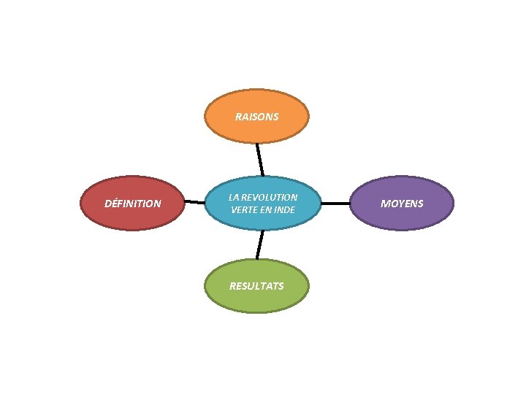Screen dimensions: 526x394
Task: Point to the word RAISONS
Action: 256,117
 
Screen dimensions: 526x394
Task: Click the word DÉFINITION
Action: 133,204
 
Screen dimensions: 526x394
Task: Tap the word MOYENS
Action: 402,204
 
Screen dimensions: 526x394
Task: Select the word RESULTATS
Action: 256,286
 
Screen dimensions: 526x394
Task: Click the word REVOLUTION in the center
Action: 270,198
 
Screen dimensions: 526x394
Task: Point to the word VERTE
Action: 244,210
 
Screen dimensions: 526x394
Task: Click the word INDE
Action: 284,210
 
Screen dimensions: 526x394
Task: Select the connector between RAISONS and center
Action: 259,159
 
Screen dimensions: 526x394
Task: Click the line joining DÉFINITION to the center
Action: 194,202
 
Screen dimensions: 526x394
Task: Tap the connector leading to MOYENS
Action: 337,204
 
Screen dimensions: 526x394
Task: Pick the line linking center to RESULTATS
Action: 259,244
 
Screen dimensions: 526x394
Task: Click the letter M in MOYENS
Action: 384,204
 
